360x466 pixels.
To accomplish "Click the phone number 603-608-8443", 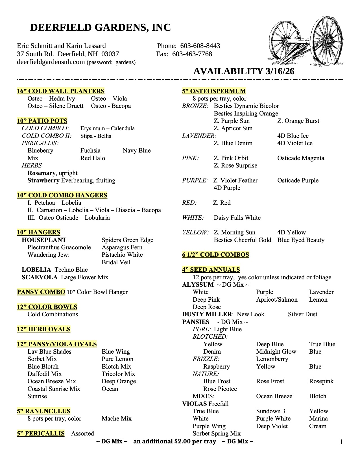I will click(200, 46).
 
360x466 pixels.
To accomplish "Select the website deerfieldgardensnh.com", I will click(51, 62).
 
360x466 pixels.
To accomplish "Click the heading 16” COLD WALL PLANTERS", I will click(61, 91).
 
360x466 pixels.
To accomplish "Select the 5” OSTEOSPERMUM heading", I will click(214, 91).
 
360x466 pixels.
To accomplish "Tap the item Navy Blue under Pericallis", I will click(137, 151).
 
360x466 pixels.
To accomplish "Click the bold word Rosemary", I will click(41, 173).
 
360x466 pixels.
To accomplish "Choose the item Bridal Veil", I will click(116, 262).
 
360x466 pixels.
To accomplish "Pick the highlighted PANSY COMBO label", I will click(41, 292).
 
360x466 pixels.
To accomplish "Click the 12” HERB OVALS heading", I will click(44, 329).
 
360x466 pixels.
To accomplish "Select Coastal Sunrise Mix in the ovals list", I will click(54, 389).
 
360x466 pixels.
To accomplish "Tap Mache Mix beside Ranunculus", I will click(117, 419).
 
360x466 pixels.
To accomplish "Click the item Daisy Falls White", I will click(237, 218).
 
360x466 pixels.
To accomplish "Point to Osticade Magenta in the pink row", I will click(301, 158).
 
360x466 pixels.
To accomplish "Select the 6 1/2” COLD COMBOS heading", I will click(216, 255).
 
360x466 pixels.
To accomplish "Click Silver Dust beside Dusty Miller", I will click(303, 314).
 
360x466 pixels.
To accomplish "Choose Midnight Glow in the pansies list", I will click(276, 352).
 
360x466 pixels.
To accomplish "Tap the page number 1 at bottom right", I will click(341, 442).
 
